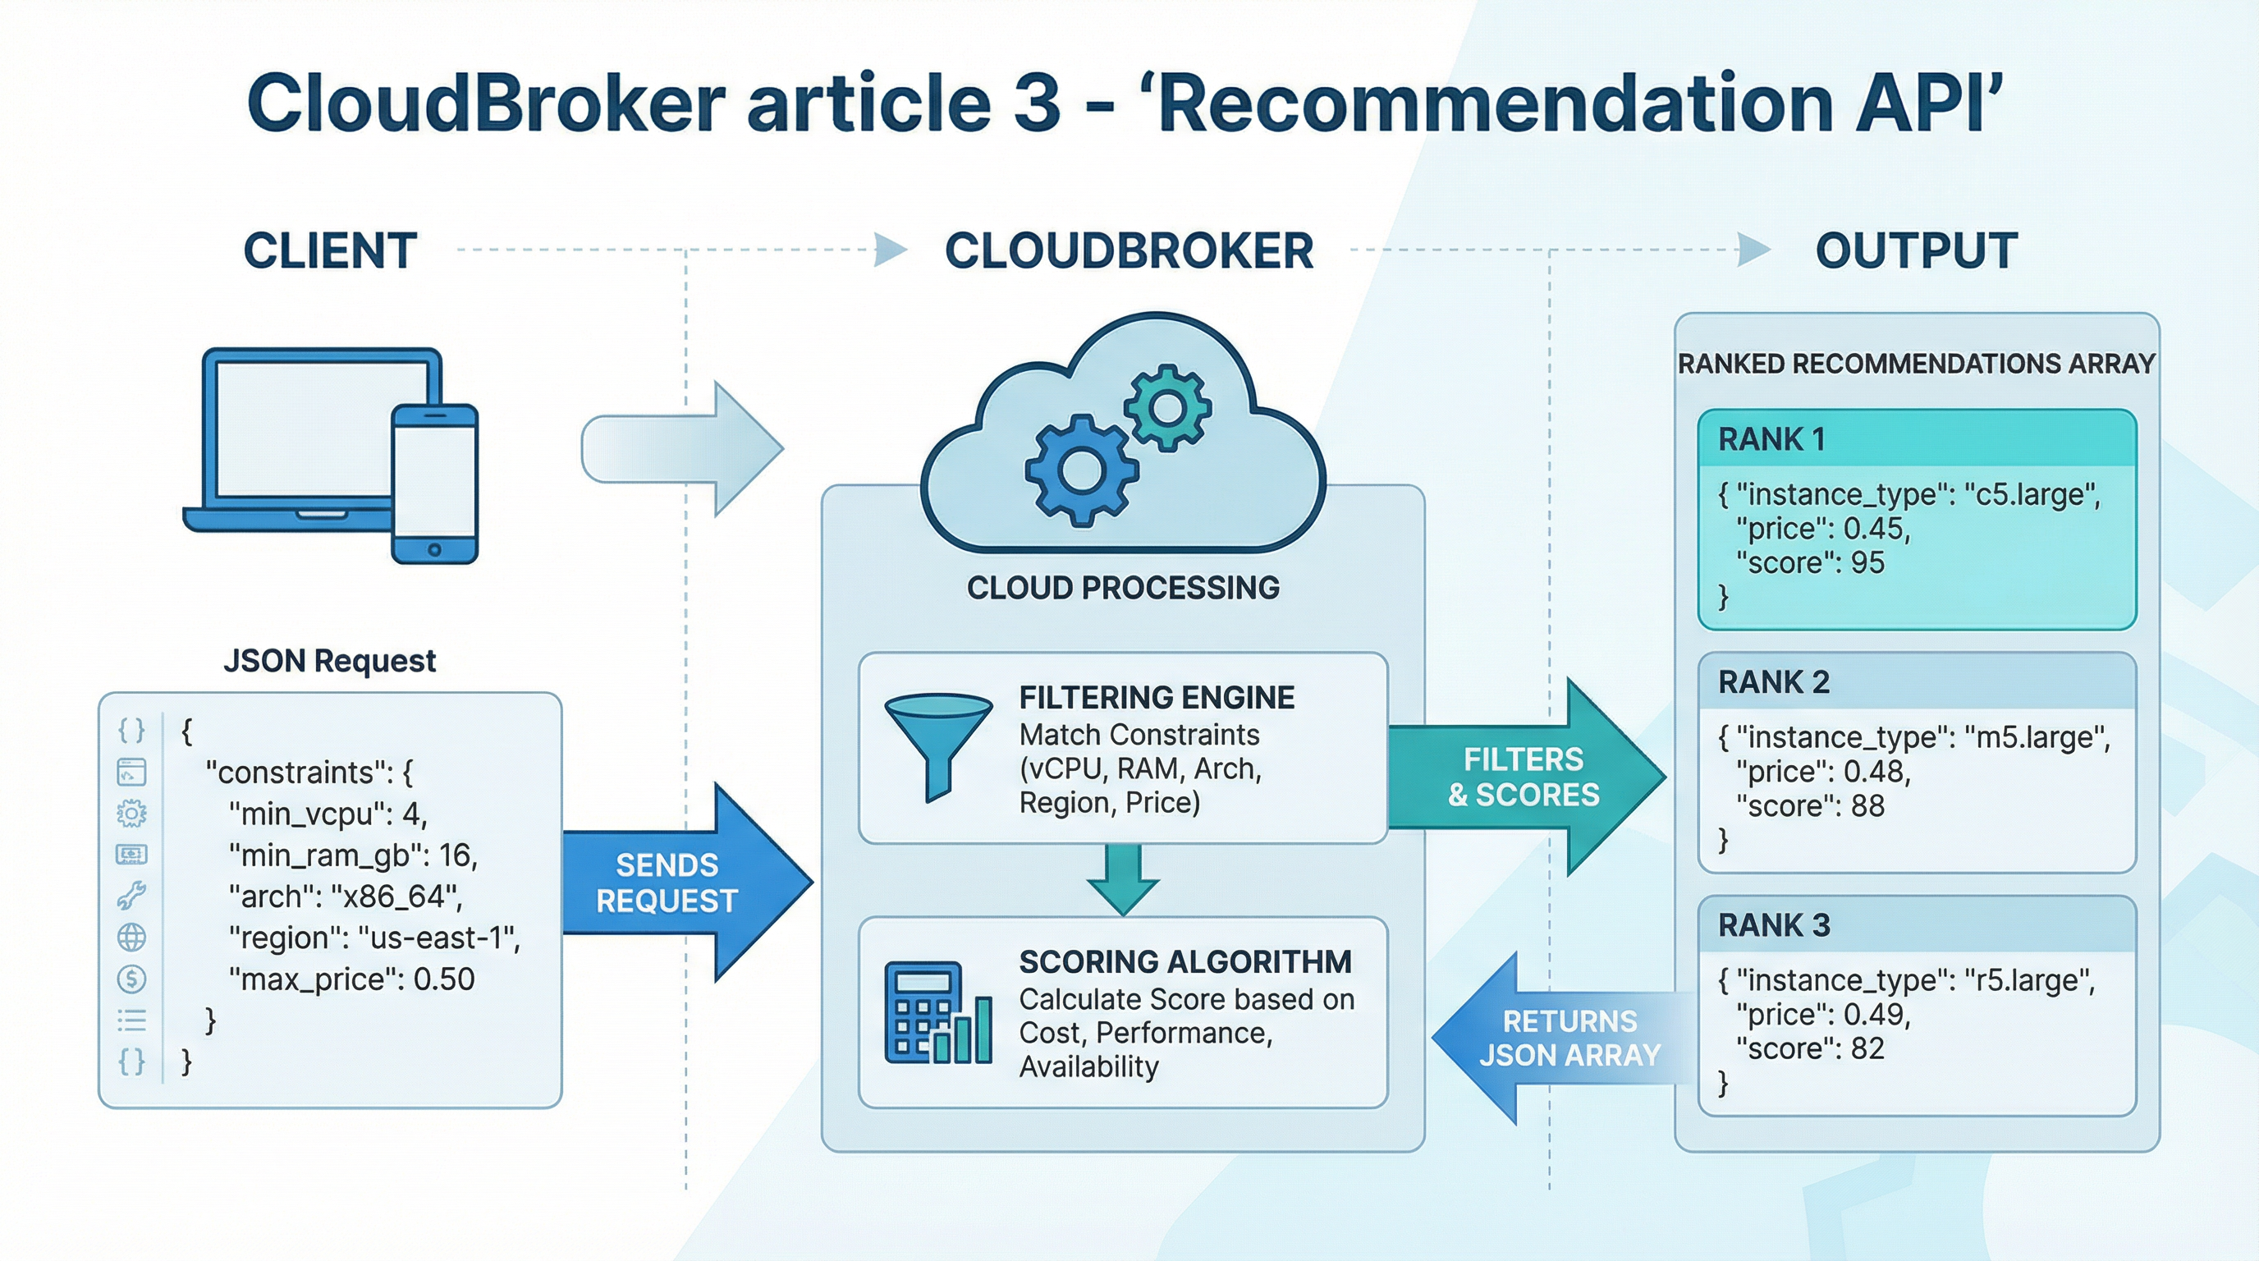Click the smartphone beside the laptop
(x=434, y=484)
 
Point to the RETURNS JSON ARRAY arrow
(x=1561, y=1039)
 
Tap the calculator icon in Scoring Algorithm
(x=937, y=1013)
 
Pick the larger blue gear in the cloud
(x=1081, y=471)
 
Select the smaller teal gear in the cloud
(x=1167, y=408)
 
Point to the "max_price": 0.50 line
(x=351, y=979)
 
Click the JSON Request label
(x=330, y=660)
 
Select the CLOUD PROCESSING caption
(x=1122, y=588)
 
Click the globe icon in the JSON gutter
(x=131, y=938)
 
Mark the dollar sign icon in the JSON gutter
(x=131, y=979)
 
